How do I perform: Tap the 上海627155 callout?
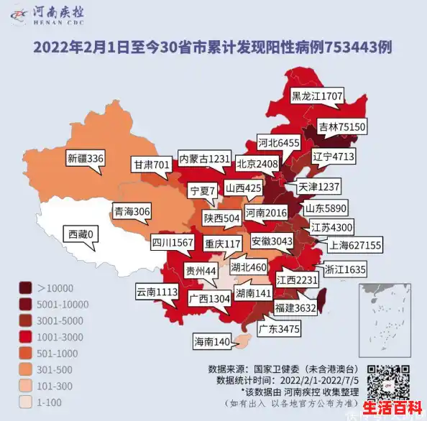tap(355, 245)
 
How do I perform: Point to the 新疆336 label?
tap(86, 158)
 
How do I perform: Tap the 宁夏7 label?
tap(202, 190)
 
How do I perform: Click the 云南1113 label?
tap(157, 292)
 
